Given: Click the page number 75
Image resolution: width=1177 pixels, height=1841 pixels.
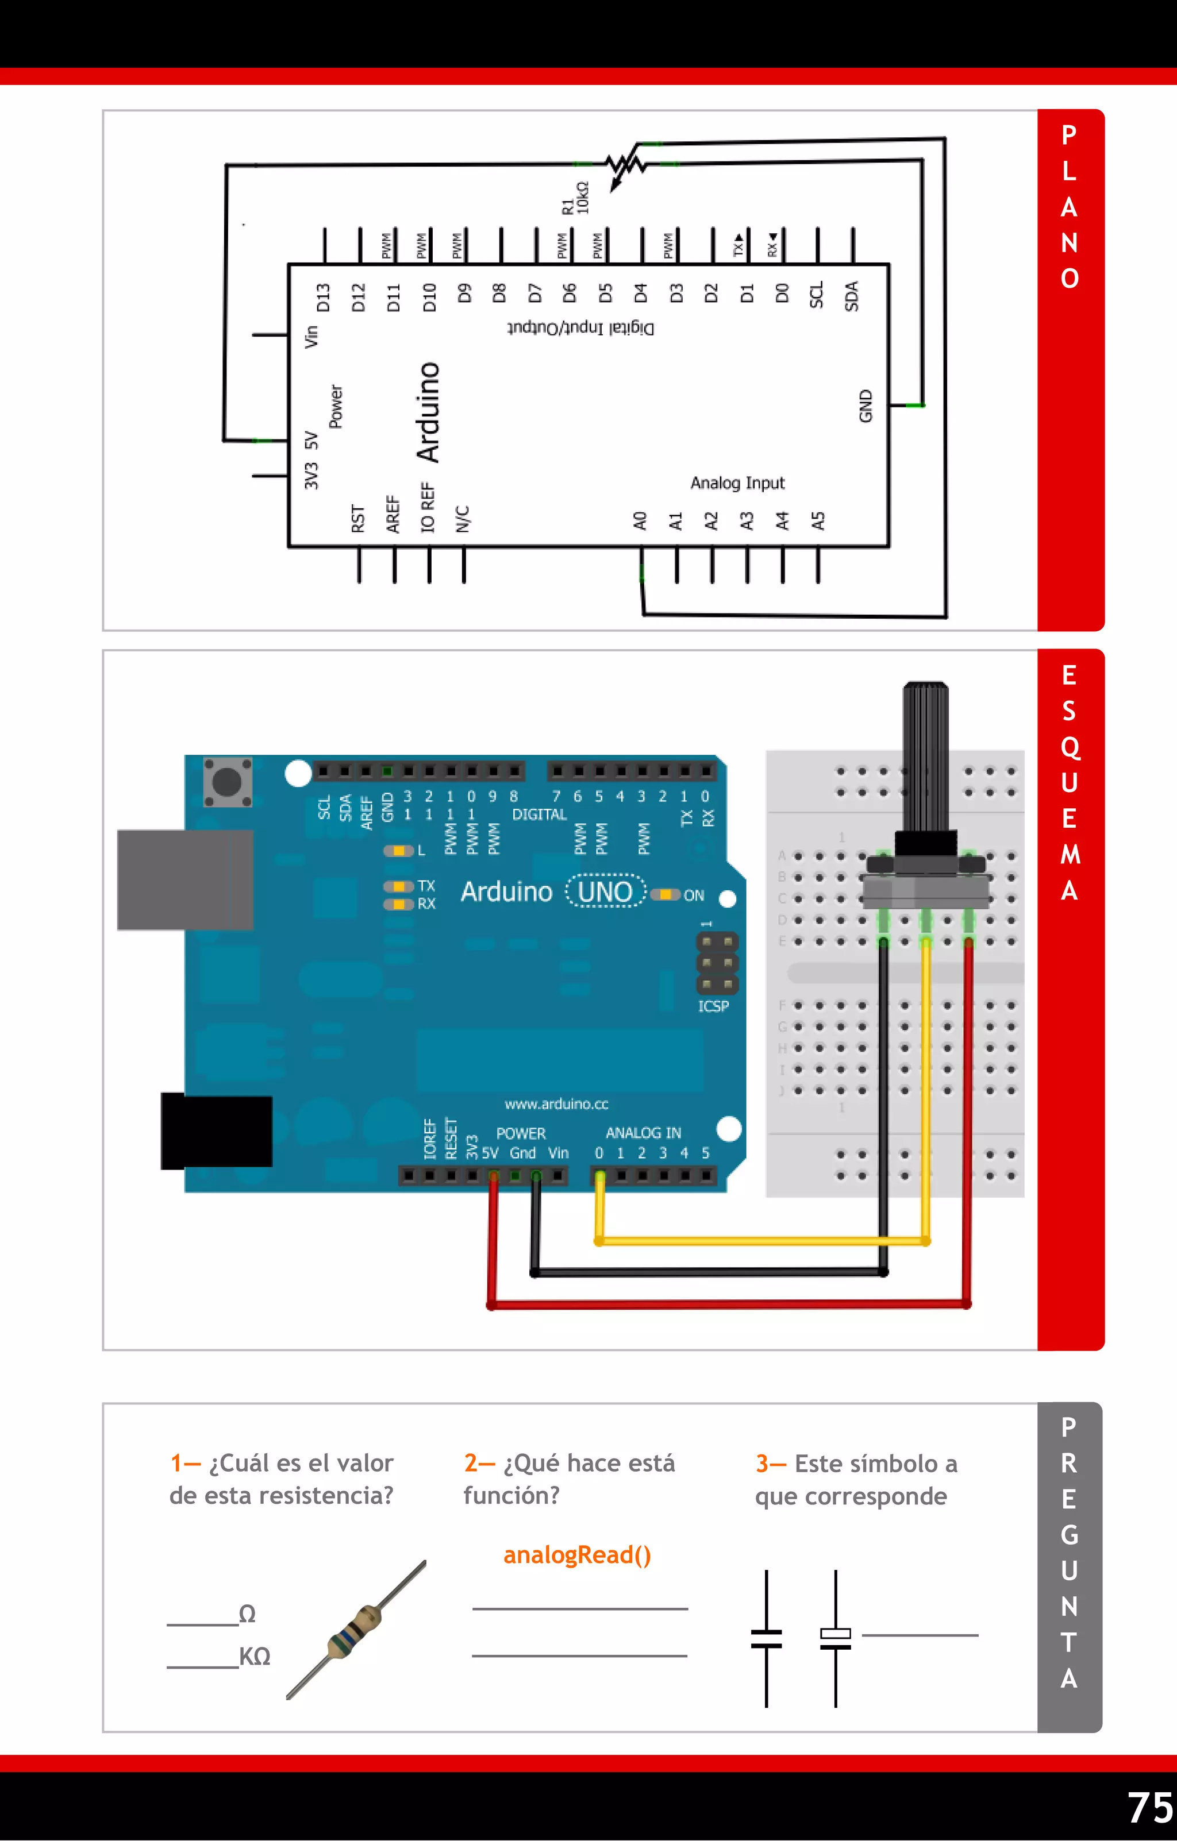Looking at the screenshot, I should pos(1149,1807).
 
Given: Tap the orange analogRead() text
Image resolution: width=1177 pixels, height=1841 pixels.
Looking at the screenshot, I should pos(576,1554).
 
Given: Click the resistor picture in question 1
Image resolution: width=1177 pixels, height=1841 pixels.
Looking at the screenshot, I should pos(356,1628).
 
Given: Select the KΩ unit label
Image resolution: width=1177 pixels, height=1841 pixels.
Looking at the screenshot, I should pos(255,1656).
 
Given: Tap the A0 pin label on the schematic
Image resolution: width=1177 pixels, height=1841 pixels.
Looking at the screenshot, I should pos(640,522).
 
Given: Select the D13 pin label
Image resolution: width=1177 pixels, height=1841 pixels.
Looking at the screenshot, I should pos(324,298).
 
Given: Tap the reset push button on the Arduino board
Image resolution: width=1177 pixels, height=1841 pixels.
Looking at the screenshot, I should pos(227,781).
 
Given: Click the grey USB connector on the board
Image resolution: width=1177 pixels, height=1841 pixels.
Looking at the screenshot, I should pos(185,879).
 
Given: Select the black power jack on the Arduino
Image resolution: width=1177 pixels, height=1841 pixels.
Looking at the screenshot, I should pos(217,1131).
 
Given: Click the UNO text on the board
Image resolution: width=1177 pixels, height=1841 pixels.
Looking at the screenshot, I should pos(605,891).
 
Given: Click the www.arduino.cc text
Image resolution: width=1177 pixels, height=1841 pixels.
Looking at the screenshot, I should pos(556,1103).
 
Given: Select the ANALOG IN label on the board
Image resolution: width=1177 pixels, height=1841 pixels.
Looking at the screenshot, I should pos(643,1132).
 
